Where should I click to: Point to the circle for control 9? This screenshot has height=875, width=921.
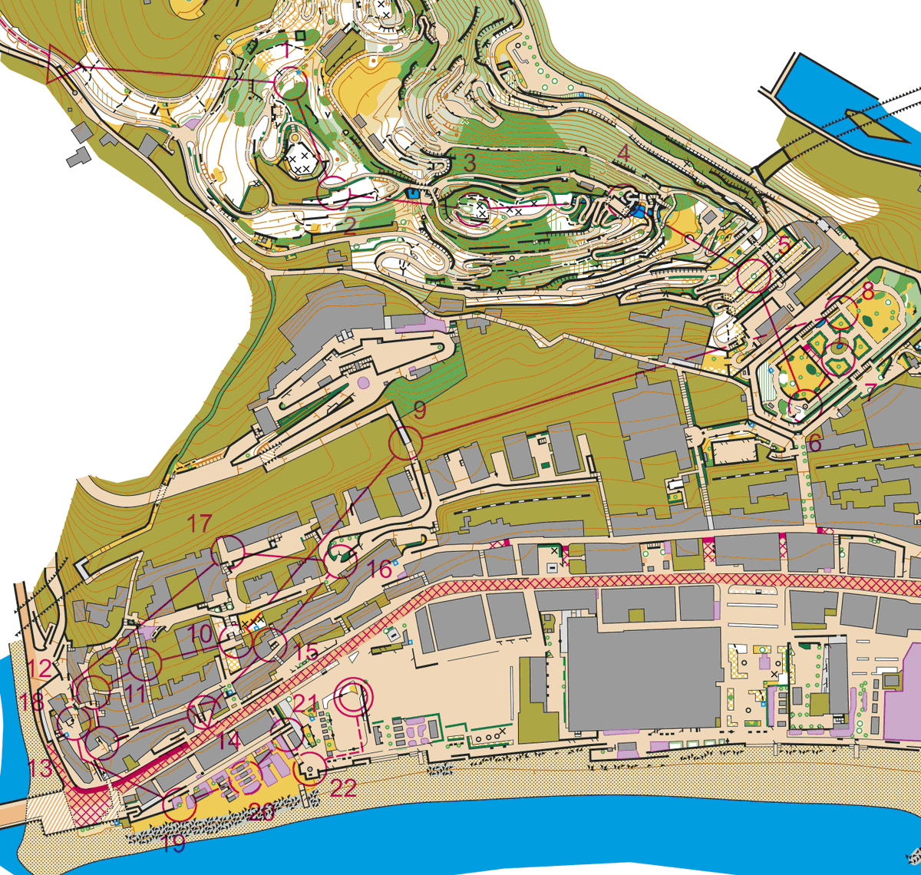pos(405,443)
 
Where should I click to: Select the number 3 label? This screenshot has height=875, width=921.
pos(469,163)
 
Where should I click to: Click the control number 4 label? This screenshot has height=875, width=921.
pos(623,154)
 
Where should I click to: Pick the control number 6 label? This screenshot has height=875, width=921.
pos(815,443)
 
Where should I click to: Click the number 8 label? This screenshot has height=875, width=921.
pos(868,292)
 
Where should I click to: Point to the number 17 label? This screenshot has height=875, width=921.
pos(200,524)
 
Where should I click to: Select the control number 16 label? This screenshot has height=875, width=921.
pos(380,570)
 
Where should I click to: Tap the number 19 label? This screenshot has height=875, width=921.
pos(175,844)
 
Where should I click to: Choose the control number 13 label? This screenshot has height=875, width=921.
pos(41,768)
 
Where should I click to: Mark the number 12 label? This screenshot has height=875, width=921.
pos(40,669)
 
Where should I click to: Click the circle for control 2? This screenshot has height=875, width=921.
pos(335,193)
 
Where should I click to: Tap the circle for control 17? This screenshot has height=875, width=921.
pos(228,550)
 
